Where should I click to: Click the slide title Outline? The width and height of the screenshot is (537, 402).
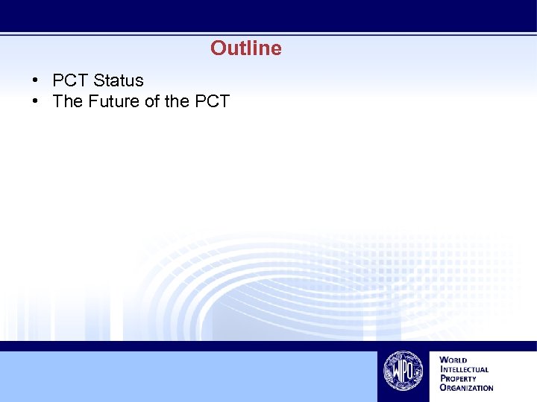coord(246,48)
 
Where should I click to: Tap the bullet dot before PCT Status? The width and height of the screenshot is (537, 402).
coord(35,80)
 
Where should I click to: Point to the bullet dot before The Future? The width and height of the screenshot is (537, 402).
coord(35,101)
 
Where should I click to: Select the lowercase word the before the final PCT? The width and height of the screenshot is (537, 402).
coord(177,101)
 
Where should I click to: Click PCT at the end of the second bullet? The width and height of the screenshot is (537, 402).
coord(212,101)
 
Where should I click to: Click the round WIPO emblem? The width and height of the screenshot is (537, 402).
coord(403,371)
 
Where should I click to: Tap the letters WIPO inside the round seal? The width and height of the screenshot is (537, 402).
coord(403,370)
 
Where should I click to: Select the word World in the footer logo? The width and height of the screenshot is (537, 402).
coord(454,360)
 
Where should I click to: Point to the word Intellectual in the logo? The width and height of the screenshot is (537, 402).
coord(465,369)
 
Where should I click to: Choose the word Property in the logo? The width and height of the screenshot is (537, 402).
coord(459,378)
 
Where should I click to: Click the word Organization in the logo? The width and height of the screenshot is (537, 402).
coord(467,387)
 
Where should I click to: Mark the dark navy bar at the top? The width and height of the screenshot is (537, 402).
coord(268,15)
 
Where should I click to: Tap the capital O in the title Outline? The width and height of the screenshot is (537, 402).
coord(218,48)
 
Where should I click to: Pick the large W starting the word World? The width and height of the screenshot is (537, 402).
coord(444,360)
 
